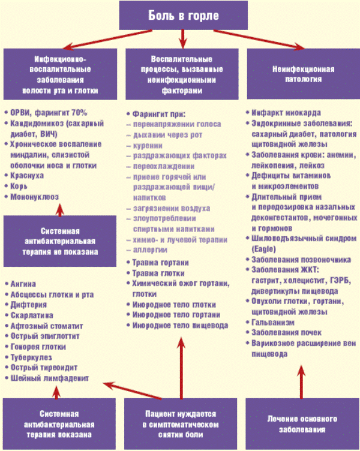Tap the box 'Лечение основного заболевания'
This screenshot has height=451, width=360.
[302, 423]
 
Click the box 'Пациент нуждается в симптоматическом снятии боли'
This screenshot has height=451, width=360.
[181, 423]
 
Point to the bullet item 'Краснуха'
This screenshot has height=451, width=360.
[28, 176]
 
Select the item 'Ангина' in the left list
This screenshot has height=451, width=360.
[24, 283]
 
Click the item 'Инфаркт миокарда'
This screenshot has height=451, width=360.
[286, 112]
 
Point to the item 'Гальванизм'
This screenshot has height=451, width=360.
[272, 322]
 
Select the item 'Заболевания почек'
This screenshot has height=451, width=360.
[286, 333]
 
